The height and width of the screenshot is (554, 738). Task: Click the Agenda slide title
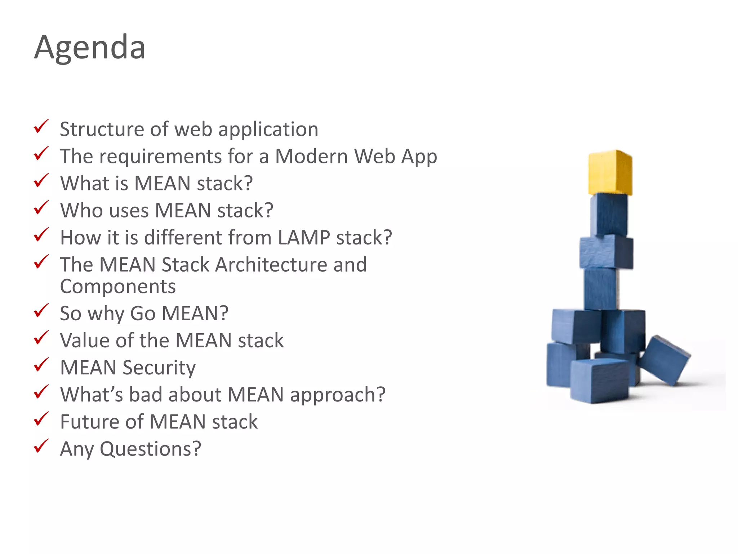[90, 47]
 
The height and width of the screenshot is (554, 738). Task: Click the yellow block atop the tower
[610, 173]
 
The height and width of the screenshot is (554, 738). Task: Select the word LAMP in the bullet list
[304, 238]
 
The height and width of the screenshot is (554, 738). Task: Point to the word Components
[118, 287]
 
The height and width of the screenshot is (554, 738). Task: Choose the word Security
[159, 368]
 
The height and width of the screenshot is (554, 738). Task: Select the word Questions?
[150, 449]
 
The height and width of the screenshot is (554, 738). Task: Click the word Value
[84, 340]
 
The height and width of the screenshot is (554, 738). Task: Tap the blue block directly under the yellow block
[609, 215]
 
